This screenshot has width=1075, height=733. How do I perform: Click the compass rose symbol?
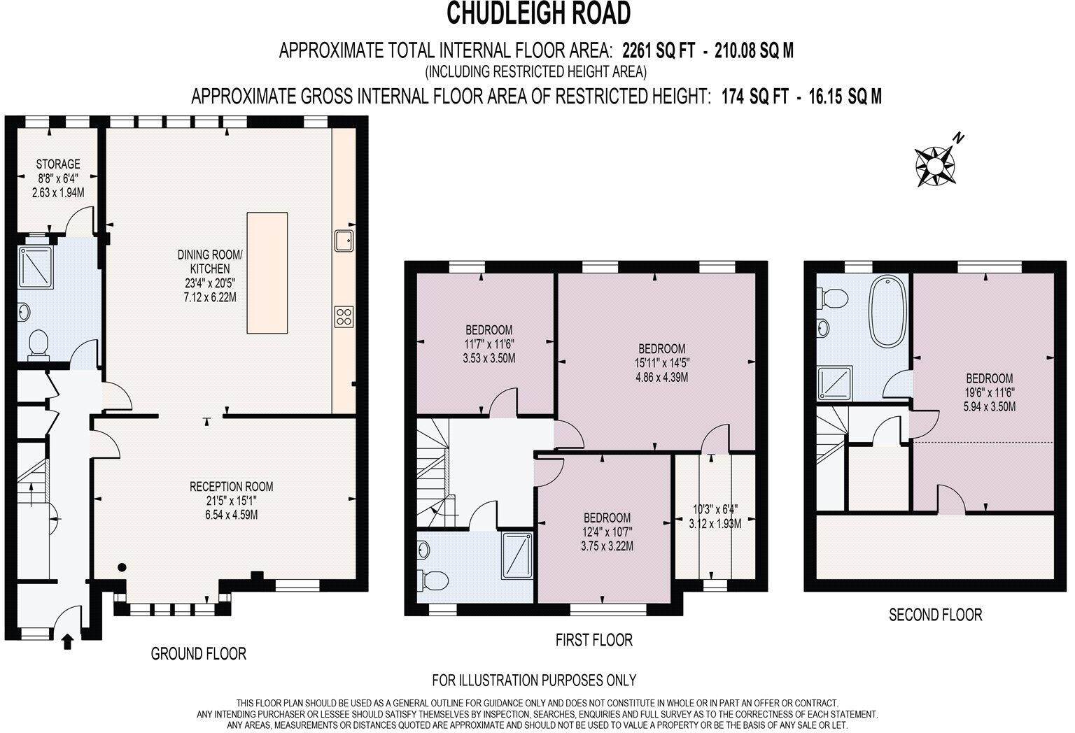[935, 166]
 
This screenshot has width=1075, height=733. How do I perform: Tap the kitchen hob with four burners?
[344, 317]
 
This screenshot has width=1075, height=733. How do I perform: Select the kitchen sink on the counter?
[344, 241]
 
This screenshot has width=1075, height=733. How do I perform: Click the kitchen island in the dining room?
[267, 273]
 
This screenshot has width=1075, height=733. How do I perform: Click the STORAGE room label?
[58, 164]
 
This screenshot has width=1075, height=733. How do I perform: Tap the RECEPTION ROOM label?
[232, 486]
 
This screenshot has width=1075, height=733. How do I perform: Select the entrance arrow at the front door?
[68, 642]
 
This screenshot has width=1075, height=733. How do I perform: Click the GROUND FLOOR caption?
[198, 653]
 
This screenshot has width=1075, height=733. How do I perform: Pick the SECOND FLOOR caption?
[935, 615]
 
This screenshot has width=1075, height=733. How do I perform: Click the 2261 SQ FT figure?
[659, 50]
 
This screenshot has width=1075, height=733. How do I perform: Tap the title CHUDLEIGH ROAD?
[538, 14]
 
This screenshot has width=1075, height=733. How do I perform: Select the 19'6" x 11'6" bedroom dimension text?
[990, 392]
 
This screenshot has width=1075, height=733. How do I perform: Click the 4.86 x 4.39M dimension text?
[662, 377]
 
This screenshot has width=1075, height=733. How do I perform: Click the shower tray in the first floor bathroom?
[517, 555]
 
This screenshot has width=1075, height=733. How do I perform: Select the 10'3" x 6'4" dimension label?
[715, 509]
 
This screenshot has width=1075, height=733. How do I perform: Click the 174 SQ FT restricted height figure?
[755, 97]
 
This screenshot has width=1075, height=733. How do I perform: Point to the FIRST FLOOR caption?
[594, 640]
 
